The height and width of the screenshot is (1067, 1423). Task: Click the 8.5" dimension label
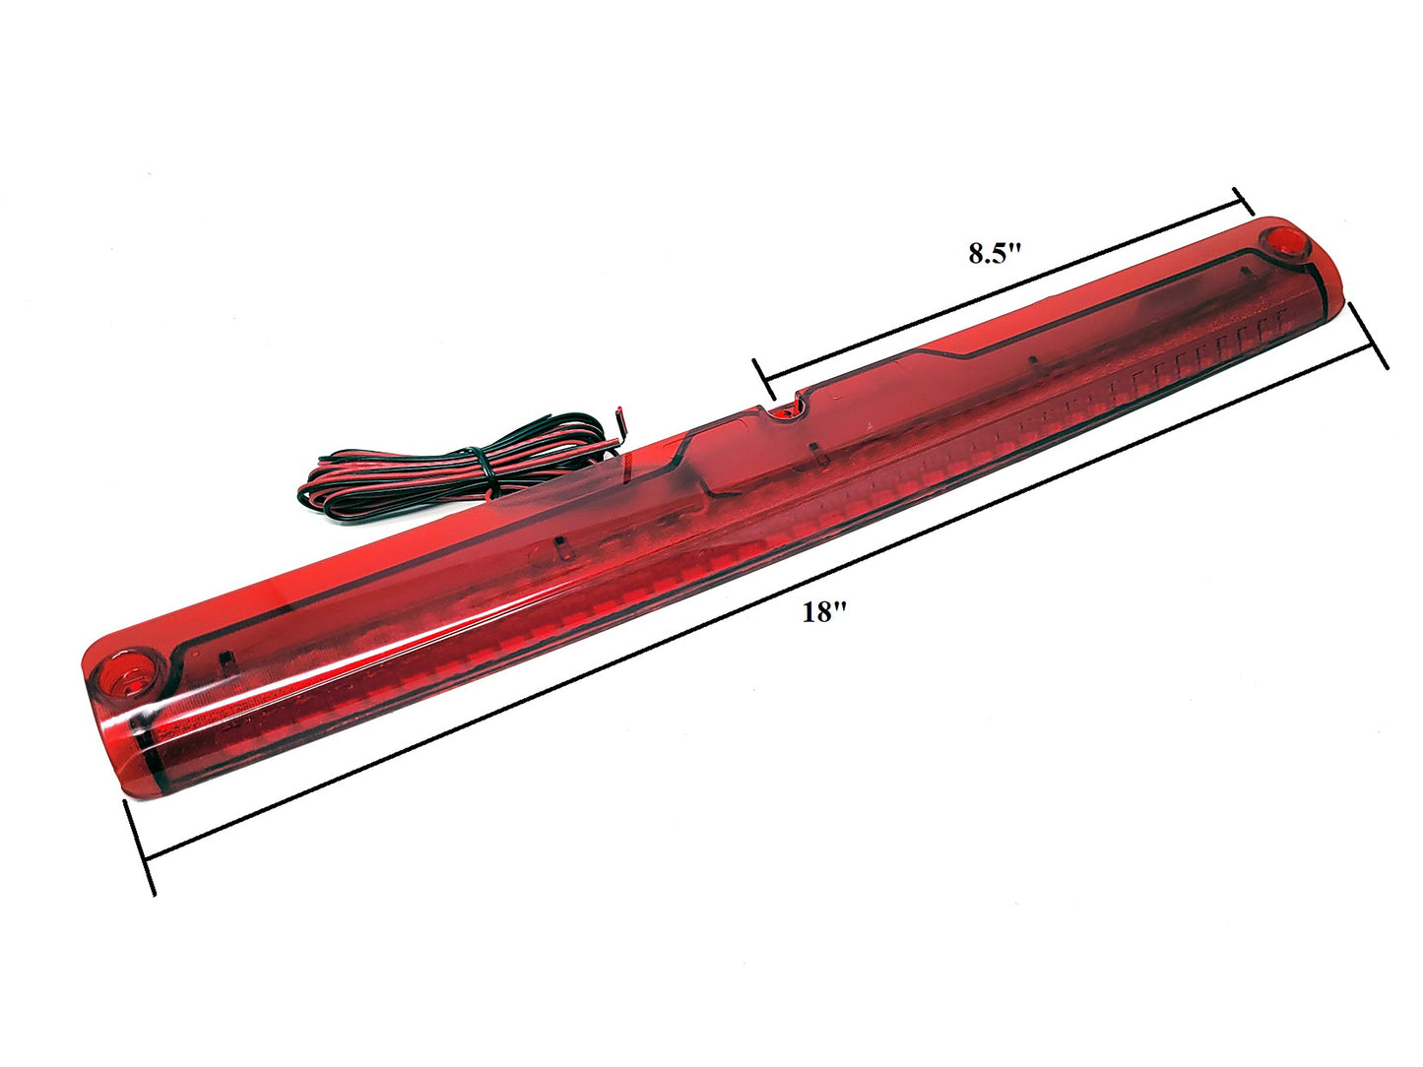click(x=996, y=253)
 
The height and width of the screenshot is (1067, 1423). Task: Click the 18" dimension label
click(x=824, y=613)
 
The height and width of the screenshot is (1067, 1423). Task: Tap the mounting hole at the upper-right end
click(x=1284, y=241)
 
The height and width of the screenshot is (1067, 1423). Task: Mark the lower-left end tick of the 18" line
click(x=139, y=847)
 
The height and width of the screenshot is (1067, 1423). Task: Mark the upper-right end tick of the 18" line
click(x=1369, y=336)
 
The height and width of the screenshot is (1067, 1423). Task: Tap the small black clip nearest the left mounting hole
click(x=225, y=658)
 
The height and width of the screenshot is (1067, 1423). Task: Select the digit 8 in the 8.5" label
click(x=975, y=254)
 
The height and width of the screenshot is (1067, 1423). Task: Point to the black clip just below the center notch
click(x=815, y=452)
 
